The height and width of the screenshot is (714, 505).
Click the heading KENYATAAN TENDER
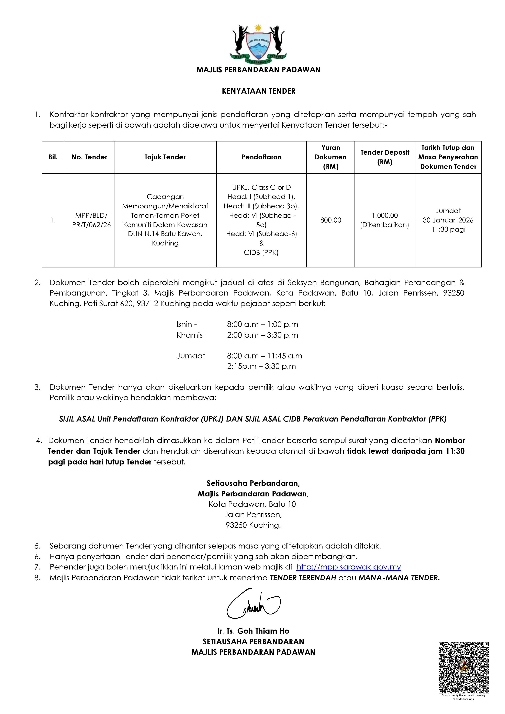click(259, 91)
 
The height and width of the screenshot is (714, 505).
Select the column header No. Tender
click(89, 157)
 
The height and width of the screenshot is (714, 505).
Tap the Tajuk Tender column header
click(165, 157)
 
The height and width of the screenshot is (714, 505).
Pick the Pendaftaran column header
click(261, 157)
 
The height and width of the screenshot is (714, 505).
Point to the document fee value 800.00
click(330, 220)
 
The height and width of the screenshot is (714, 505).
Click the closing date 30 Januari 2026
click(448, 220)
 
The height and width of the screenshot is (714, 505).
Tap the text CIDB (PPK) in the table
click(261, 253)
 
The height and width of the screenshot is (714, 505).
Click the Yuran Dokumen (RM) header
click(330, 157)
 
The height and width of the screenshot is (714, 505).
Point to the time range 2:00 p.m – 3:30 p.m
click(262, 335)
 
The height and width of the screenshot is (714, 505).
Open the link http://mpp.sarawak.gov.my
click(348, 567)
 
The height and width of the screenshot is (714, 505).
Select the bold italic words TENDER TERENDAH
click(303, 578)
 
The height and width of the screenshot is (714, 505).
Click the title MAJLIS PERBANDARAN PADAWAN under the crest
click(258, 70)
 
